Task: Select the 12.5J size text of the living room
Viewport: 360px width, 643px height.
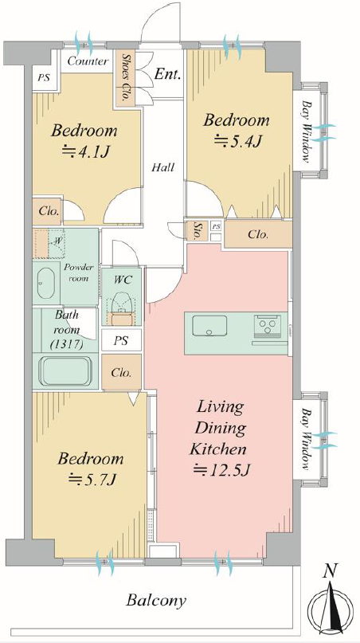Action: [221, 469]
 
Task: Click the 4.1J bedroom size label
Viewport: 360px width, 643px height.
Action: [85, 151]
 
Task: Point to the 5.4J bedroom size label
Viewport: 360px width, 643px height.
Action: [237, 142]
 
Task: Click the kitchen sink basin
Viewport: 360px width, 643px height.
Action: [209, 326]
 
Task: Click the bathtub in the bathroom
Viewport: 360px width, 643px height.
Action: [65, 371]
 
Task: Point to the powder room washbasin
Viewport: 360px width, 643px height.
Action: [45, 284]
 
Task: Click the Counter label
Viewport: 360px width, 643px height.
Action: [88, 61]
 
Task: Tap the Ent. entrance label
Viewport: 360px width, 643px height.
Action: [168, 75]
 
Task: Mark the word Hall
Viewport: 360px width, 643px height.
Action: [162, 167]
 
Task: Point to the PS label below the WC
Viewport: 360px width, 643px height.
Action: [121, 341]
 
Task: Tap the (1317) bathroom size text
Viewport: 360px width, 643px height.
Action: [66, 344]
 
